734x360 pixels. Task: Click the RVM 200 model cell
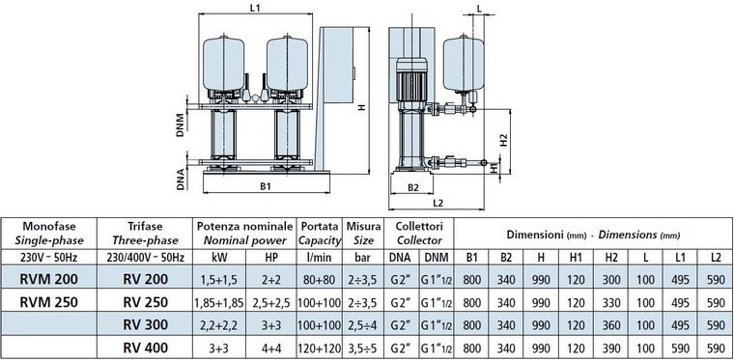pyautogui.click(x=48, y=279)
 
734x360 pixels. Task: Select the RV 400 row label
pyautogui.click(x=145, y=347)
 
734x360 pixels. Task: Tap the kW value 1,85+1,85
pyautogui.click(x=218, y=302)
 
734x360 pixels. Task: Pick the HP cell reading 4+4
pyautogui.click(x=271, y=347)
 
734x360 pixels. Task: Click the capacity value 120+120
pyautogui.click(x=320, y=347)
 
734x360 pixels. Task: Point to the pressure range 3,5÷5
pyautogui.click(x=363, y=347)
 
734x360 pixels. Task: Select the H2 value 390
pyautogui.click(x=610, y=347)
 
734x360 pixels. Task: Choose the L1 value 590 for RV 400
pyautogui.click(x=680, y=347)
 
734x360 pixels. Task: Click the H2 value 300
pyautogui.click(x=610, y=280)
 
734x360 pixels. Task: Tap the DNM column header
pyautogui.click(x=436, y=257)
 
